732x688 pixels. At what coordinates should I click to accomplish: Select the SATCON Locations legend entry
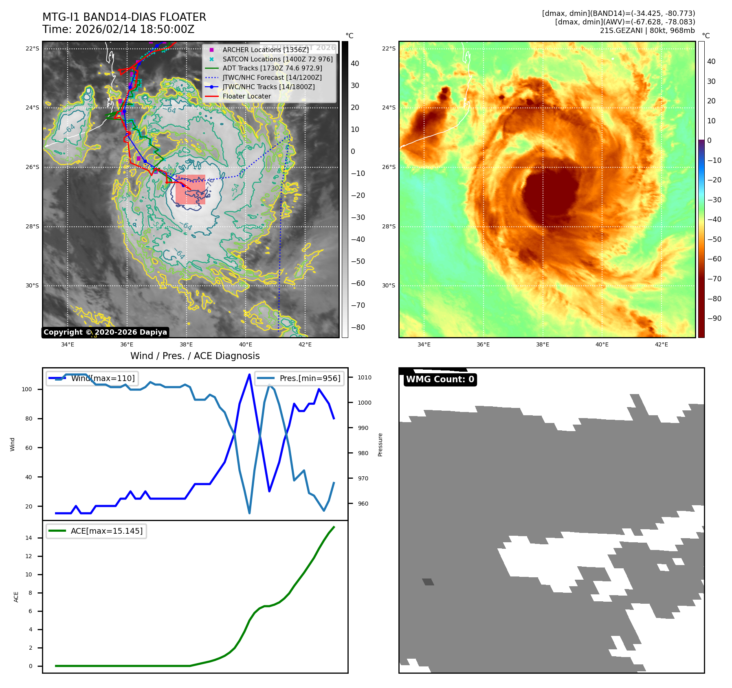277,59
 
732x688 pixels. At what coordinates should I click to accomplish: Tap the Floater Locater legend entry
246,96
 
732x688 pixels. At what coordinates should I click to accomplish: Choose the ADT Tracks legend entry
272,68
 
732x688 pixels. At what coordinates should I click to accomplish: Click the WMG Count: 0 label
440,379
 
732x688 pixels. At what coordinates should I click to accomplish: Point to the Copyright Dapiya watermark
105,332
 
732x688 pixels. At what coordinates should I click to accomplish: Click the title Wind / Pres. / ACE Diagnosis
195,356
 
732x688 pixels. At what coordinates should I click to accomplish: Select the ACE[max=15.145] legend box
97,531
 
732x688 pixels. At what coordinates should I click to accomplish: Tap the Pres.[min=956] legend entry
299,378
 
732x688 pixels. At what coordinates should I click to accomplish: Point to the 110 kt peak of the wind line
249,375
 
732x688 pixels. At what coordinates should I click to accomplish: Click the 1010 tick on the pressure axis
365,377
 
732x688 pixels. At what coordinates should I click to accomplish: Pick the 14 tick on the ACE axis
29,538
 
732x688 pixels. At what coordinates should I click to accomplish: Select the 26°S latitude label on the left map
33,167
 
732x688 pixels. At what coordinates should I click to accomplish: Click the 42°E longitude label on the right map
661,344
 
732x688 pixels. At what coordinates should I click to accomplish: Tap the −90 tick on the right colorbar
714,318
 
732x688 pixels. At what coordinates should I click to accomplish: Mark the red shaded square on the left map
190,189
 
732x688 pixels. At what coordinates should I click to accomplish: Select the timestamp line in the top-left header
118,29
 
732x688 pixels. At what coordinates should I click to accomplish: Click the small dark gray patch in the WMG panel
428,582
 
